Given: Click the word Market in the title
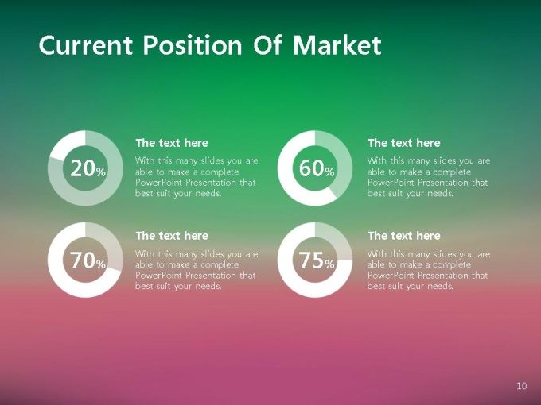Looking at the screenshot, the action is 337,44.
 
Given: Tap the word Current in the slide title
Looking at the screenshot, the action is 86,44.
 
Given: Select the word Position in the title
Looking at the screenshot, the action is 193,44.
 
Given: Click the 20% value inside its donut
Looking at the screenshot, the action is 88,168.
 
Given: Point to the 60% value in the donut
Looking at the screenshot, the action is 317,168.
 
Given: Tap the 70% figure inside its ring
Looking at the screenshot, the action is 88,260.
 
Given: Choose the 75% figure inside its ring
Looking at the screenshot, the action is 317,260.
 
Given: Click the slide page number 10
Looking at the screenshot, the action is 522,386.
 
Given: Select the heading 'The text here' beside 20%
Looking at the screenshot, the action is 172,143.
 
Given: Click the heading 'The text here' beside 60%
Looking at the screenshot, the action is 404,143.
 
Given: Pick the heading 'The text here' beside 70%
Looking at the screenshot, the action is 172,236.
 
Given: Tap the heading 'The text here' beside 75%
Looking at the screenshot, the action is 404,236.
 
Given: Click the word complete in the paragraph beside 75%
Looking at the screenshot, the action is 452,265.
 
